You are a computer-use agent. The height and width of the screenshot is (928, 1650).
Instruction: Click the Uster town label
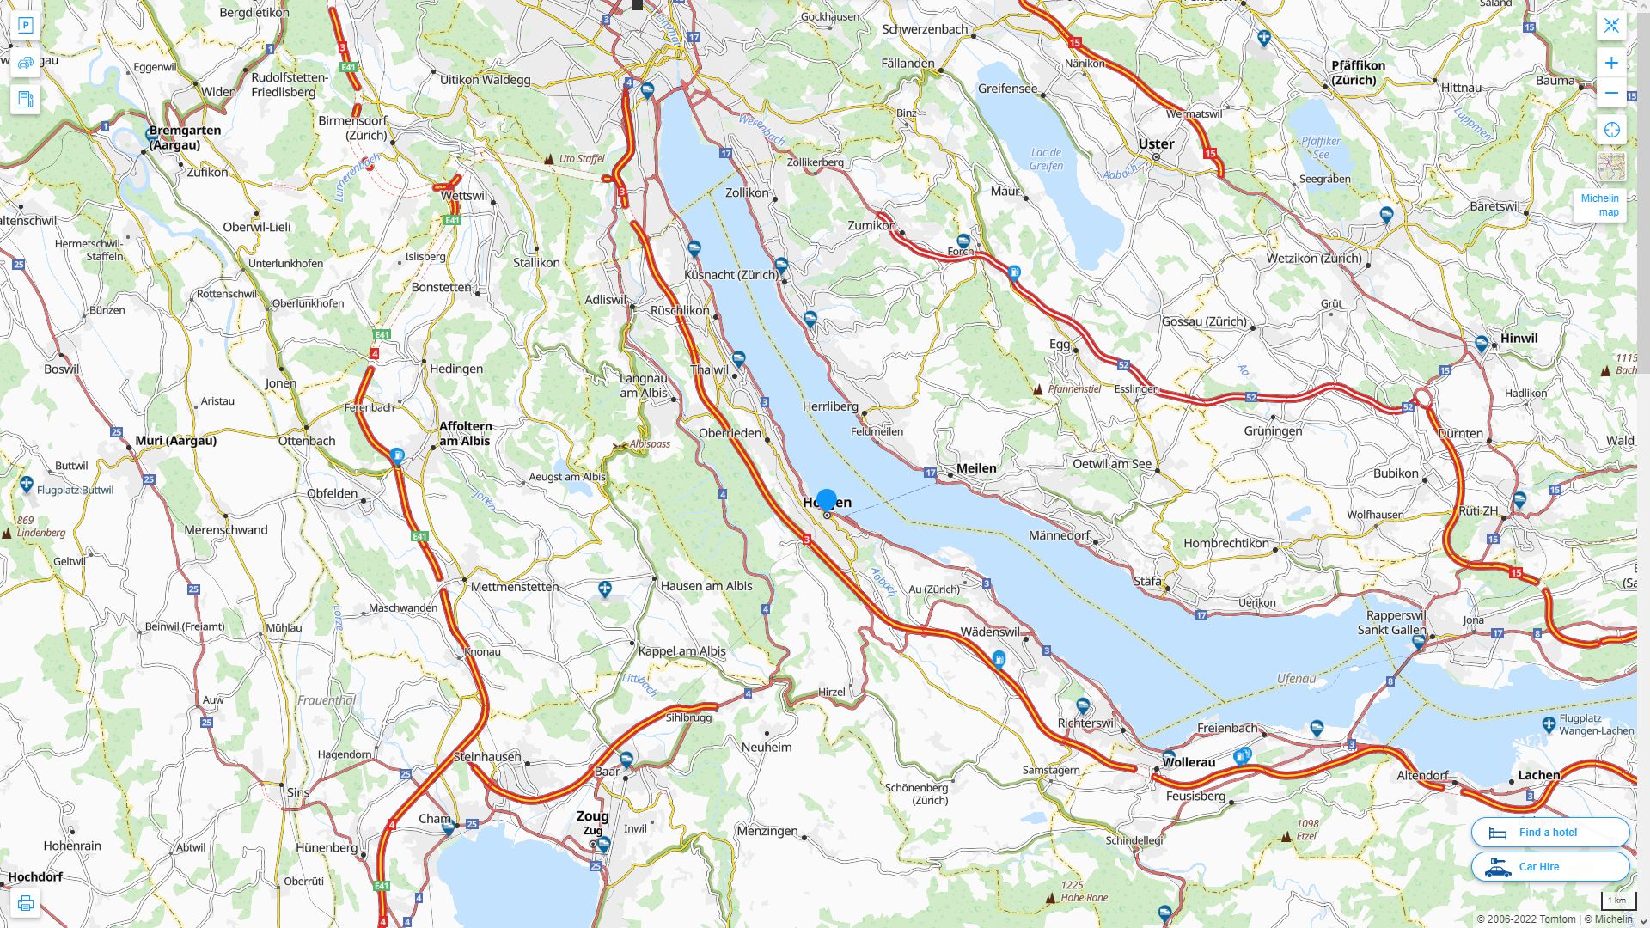[1156, 143]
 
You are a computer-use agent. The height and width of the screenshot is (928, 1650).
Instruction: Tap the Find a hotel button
[1549, 832]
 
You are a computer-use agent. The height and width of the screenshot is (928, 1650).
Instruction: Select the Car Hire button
[1549, 866]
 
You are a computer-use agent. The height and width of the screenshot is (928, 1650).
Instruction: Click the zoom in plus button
[1611, 63]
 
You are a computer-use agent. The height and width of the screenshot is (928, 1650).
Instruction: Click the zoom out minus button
[1611, 93]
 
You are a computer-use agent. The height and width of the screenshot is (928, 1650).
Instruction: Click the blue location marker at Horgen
[827, 499]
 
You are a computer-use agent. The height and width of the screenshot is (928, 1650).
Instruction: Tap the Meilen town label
[976, 467]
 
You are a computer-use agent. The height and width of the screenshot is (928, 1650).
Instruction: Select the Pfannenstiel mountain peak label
[1074, 388]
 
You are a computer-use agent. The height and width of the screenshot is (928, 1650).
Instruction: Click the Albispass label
[649, 443]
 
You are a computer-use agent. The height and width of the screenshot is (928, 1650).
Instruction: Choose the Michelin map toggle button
[1599, 205]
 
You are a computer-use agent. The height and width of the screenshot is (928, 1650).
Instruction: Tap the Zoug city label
[592, 815]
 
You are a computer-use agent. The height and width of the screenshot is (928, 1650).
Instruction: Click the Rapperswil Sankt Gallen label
[1391, 622]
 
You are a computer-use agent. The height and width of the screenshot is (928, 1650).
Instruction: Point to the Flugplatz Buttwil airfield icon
[27, 485]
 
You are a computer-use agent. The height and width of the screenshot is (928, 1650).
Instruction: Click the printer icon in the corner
[25, 902]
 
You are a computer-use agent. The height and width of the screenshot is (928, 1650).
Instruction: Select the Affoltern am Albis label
[465, 433]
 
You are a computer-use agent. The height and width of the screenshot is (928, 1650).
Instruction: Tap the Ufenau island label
[1296, 678]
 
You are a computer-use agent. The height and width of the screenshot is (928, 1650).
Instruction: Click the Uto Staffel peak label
[582, 158]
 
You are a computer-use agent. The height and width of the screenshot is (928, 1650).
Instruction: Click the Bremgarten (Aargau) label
[185, 137]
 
